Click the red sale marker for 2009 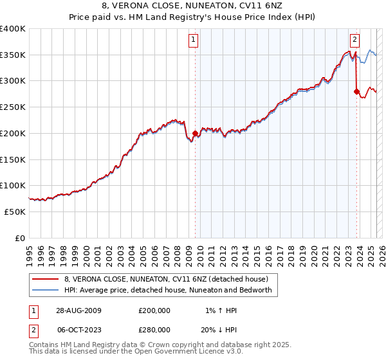point(195,134)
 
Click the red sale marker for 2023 point(356,92)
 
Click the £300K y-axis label point(13,81)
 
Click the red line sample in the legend point(46,279)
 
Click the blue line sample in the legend point(46,290)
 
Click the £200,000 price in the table point(154,310)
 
